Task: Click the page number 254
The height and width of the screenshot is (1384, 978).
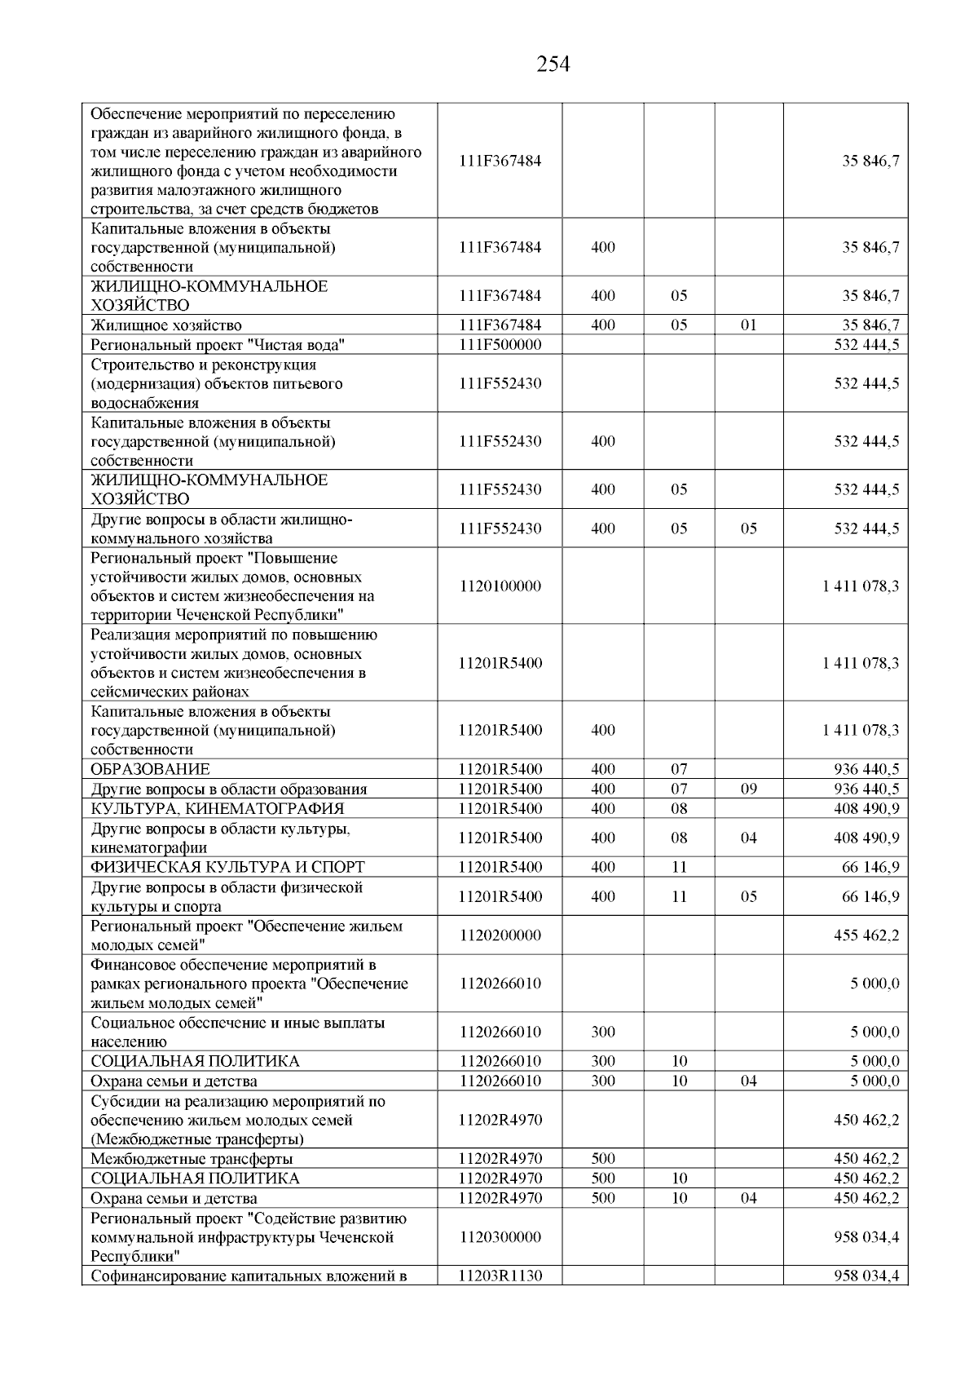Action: tap(553, 64)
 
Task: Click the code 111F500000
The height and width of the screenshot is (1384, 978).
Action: tap(500, 345)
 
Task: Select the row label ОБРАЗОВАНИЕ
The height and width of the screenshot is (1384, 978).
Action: tap(151, 769)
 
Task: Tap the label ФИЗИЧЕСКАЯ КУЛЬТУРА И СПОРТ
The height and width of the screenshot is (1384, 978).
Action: tap(228, 867)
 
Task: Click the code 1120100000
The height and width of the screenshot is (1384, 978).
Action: tap(500, 586)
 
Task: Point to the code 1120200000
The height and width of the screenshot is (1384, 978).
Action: tap(500, 935)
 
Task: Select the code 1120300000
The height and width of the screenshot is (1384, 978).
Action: tap(500, 1237)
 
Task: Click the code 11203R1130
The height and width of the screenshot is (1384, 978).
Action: tap(500, 1276)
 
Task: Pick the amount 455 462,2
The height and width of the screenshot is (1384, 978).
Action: tap(866, 935)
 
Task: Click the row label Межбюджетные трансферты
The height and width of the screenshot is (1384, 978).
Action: tap(192, 1159)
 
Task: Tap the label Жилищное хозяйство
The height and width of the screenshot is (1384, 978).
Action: tap(166, 325)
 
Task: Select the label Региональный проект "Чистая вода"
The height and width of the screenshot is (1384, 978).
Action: tap(218, 345)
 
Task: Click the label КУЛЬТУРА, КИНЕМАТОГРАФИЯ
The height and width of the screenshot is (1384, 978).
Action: tap(218, 808)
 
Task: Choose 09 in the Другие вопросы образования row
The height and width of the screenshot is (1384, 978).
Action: tap(748, 789)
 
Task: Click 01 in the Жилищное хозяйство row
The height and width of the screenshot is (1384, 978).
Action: tap(748, 325)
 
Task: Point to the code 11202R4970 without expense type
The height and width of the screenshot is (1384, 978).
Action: tap(500, 1120)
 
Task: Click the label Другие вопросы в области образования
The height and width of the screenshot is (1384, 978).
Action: tap(229, 789)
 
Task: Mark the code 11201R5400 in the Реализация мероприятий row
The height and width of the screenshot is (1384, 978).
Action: tap(500, 663)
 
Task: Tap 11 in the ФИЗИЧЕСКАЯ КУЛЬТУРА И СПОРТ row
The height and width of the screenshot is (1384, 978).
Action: tap(679, 867)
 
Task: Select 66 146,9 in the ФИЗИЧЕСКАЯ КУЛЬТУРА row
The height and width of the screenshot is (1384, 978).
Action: tap(870, 867)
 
